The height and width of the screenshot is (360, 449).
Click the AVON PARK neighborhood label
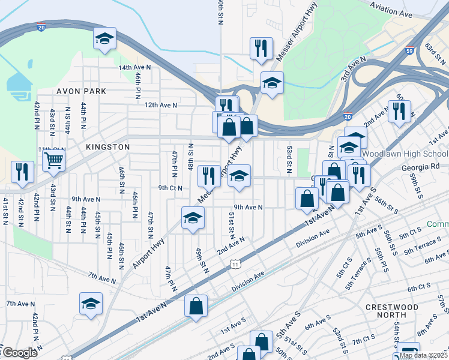[x=82, y=91]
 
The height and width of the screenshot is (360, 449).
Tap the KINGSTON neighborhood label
[x=107, y=147]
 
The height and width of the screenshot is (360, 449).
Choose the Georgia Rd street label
[x=419, y=166]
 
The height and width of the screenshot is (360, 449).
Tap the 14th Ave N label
[x=134, y=68]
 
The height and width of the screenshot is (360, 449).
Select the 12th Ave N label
[x=161, y=105]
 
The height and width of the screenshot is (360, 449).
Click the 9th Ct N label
[x=170, y=188]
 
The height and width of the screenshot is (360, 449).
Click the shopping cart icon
[x=54, y=160]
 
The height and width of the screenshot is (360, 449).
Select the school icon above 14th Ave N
[x=104, y=40]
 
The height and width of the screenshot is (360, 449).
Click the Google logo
[x=20, y=353]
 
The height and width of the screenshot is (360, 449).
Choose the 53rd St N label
[x=289, y=160]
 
